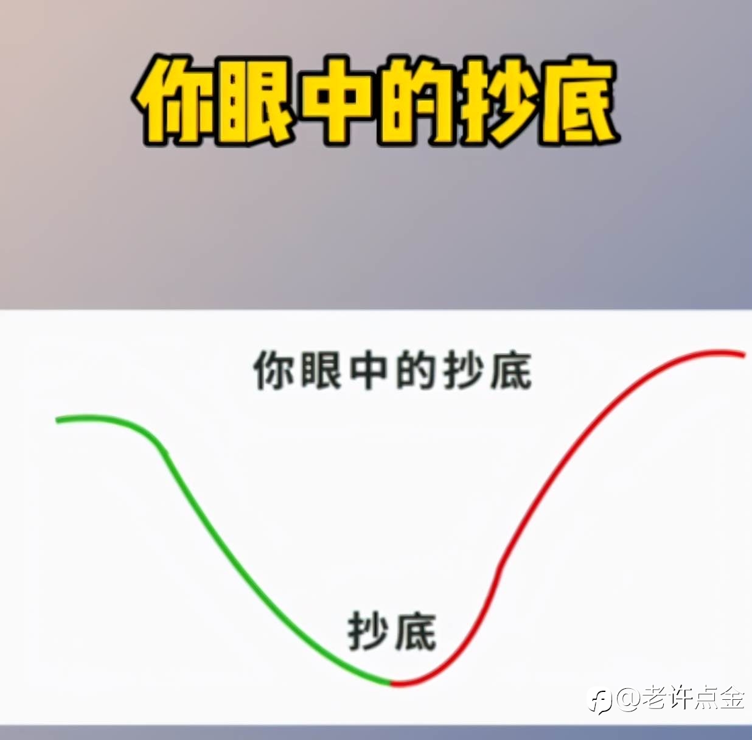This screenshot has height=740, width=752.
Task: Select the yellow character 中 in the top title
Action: click(336, 100)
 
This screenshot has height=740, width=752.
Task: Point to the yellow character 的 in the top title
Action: click(416, 100)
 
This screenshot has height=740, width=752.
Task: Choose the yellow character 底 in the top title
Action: click(577, 100)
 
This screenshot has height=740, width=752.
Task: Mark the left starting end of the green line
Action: click(57, 421)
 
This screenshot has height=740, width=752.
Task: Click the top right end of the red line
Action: click(743, 355)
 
